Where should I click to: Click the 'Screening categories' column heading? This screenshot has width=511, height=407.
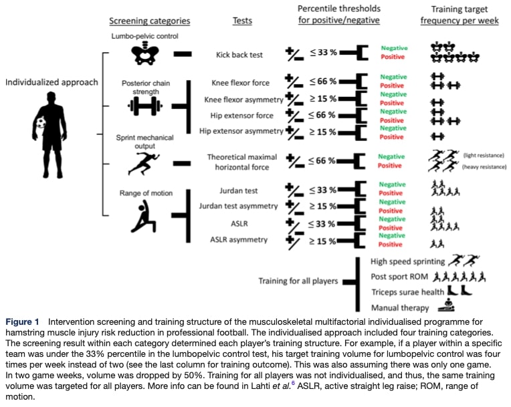point(150,21)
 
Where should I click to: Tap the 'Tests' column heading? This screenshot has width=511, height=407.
point(241,21)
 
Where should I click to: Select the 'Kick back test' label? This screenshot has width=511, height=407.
point(243,55)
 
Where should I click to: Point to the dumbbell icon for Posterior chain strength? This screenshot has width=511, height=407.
point(142,106)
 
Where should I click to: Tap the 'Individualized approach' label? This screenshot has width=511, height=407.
point(52,82)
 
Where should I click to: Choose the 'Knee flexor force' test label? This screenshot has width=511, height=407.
point(240,83)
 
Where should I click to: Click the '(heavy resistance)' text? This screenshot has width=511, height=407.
point(482,166)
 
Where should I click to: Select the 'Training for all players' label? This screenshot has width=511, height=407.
point(298,281)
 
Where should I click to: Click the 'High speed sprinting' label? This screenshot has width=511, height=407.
point(407,260)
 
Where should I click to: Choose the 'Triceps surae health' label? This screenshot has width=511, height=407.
point(407,292)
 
